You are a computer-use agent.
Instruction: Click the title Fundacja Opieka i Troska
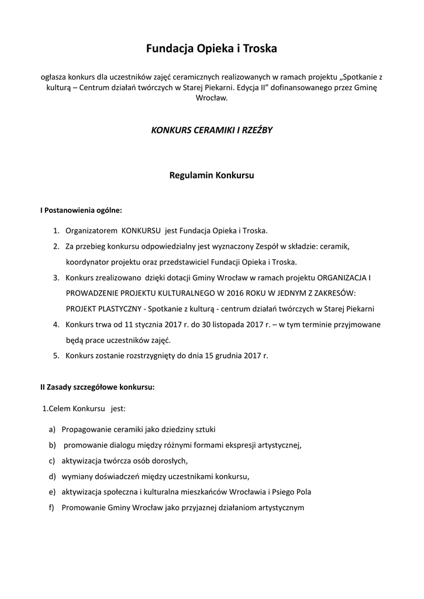tap(212, 50)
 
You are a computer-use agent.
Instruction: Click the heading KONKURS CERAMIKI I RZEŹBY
tap(212, 130)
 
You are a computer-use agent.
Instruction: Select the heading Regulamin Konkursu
tap(212, 174)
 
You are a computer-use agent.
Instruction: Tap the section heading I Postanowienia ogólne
tap(81, 209)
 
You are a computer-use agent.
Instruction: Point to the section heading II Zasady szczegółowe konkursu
tap(97, 387)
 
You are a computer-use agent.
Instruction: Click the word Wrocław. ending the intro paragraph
tap(212, 98)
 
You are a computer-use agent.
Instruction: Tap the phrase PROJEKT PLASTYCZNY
tap(104, 308)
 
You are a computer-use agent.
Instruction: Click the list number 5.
tap(56, 355)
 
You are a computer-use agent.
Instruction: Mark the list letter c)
tap(52, 460)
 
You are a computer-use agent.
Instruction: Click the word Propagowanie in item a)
tap(87, 430)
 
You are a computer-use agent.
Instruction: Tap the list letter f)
tap(51, 507)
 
